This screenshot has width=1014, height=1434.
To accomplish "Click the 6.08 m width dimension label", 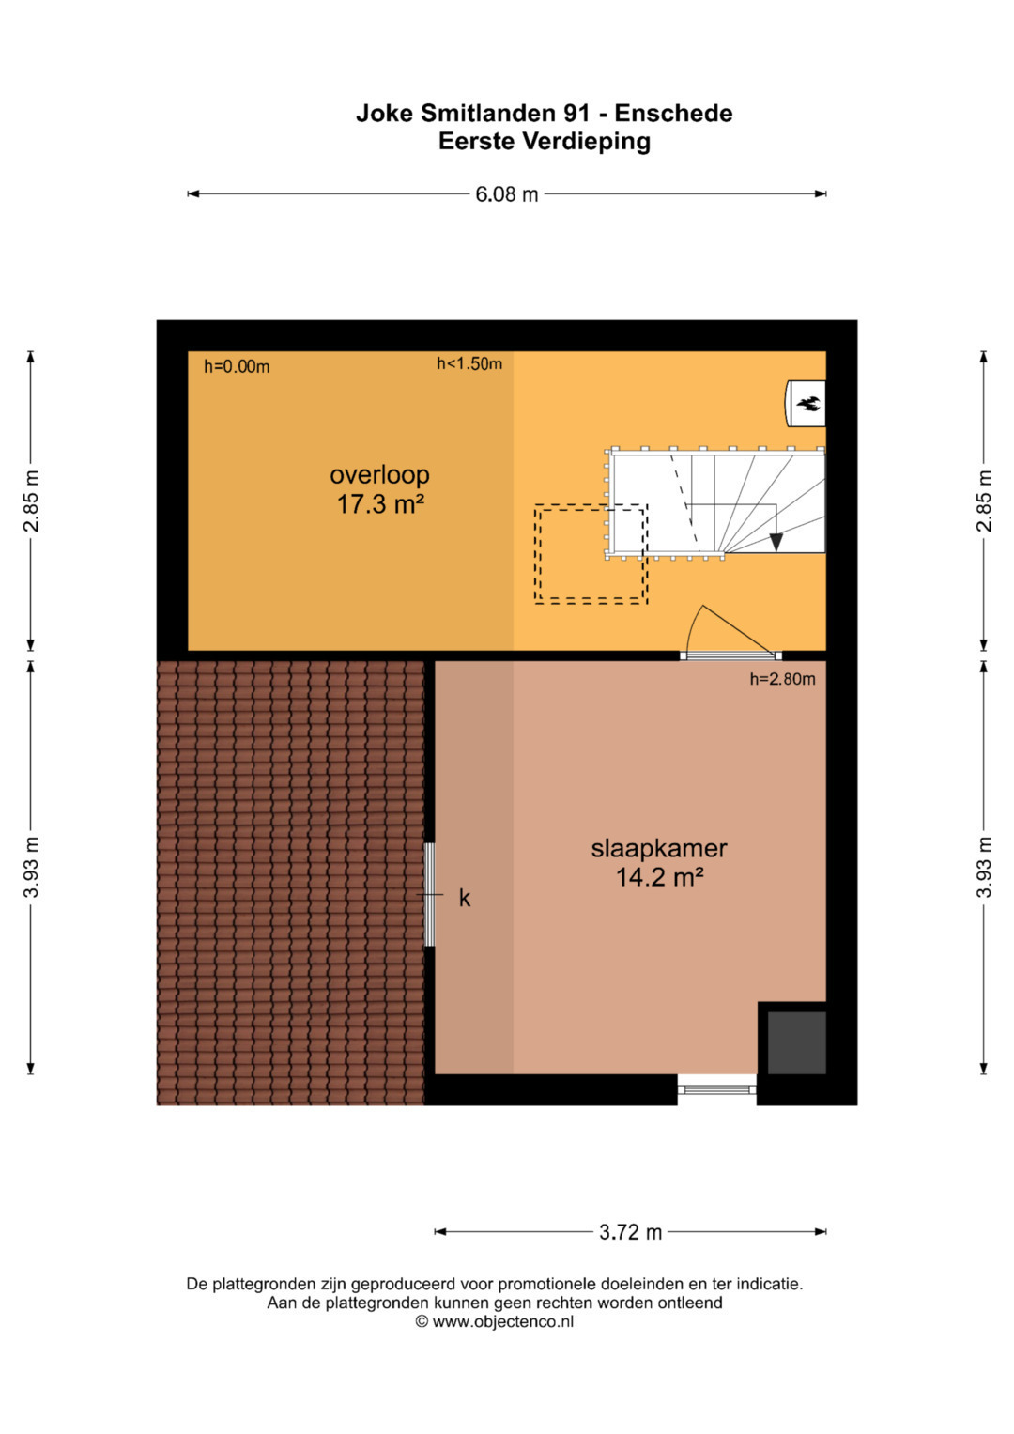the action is tap(506, 194).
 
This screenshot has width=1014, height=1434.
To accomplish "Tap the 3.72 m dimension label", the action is tap(631, 1232).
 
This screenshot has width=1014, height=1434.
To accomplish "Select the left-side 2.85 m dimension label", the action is tap(31, 501).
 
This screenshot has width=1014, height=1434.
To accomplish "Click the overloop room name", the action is tap(379, 474).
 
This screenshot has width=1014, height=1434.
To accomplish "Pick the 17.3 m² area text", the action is tap(381, 504).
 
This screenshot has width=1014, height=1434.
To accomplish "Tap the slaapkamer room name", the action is tap(659, 849).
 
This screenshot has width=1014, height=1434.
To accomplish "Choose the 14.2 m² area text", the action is tap(660, 877).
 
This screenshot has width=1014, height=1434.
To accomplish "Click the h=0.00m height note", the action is tap(237, 367).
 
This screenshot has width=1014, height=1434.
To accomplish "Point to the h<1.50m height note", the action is tap(469, 364).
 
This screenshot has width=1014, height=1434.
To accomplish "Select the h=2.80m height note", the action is tap(783, 679).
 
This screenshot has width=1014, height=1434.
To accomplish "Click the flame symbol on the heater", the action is tap(808, 404).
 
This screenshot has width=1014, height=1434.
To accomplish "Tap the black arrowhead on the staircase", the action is tap(776, 542).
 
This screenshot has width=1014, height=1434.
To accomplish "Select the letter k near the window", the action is tap(465, 898).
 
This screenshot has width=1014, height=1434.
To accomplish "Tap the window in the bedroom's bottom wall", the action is tap(717, 1089).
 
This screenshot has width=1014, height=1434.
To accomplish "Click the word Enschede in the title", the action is tap(673, 114).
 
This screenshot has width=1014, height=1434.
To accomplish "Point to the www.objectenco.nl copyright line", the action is tap(494, 1321).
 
